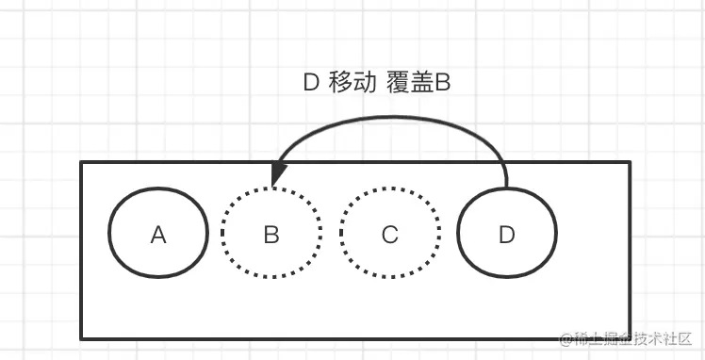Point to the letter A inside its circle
[158, 235]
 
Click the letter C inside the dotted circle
[390, 235]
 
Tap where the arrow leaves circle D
[507, 185]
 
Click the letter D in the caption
[311, 83]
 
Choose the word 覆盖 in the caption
[408, 83]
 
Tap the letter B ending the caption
[441, 83]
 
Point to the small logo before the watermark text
[566, 338]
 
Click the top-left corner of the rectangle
[82, 163]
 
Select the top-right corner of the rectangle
[630, 163]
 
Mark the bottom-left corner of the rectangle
[82, 337]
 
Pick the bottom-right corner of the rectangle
[630, 337]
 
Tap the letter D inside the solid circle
[507, 235]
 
